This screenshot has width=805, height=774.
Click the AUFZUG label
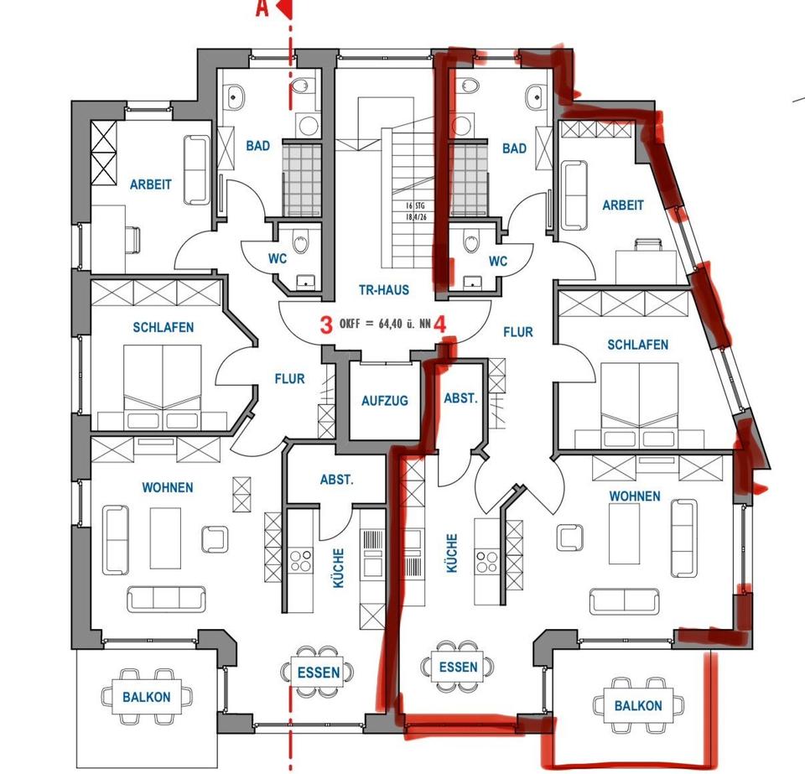tap(385, 401)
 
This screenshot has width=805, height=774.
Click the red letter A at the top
tap(262, 9)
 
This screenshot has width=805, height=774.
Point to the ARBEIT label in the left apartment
tap(151, 184)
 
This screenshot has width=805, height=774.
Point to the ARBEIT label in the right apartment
tap(623, 205)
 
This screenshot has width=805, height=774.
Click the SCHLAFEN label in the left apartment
tap(164, 328)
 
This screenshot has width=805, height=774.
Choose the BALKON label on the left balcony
tap(146, 697)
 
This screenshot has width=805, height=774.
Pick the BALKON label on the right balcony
tap(637, 706)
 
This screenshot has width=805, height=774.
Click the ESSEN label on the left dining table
tap(319, 673)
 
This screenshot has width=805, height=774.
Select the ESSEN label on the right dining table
tap(458, 668)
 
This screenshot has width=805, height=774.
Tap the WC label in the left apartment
tap(278, 259)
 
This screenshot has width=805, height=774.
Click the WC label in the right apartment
tap(498, 262)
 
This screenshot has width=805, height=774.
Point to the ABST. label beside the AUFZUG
tap(460, 399)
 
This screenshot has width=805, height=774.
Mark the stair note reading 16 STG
tap(408, 205)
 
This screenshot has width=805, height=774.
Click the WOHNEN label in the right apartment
tap(635, 496)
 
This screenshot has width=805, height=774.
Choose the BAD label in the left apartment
tap(258, 146)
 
